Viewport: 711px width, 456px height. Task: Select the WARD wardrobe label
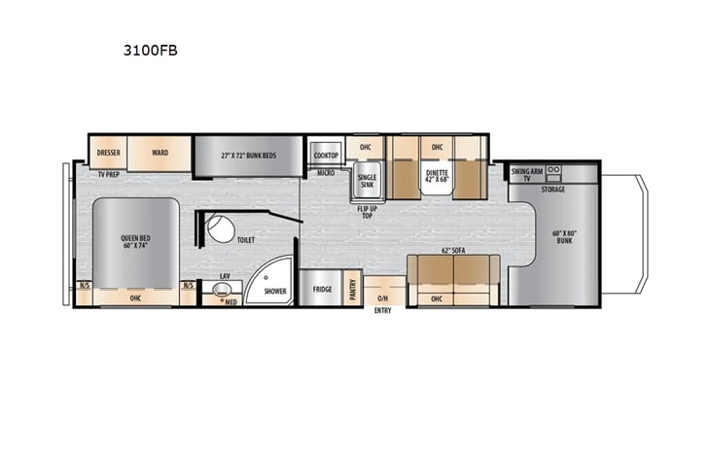(160, 153)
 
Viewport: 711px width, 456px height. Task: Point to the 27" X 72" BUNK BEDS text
(247, 153)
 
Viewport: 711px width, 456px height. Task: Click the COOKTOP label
(325, 154)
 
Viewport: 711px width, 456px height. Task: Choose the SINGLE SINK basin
(367, 179)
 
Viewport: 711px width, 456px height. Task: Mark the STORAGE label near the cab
(553, 190)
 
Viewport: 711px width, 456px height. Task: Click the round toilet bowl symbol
(218, 231)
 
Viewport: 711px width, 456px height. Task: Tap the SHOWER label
(274, 289)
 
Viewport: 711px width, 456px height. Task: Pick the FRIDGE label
(322, 289)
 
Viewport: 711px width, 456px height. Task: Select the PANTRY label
(353, 289)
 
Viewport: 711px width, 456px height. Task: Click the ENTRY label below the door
(383, 312)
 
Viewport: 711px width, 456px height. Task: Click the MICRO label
(326, 173)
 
